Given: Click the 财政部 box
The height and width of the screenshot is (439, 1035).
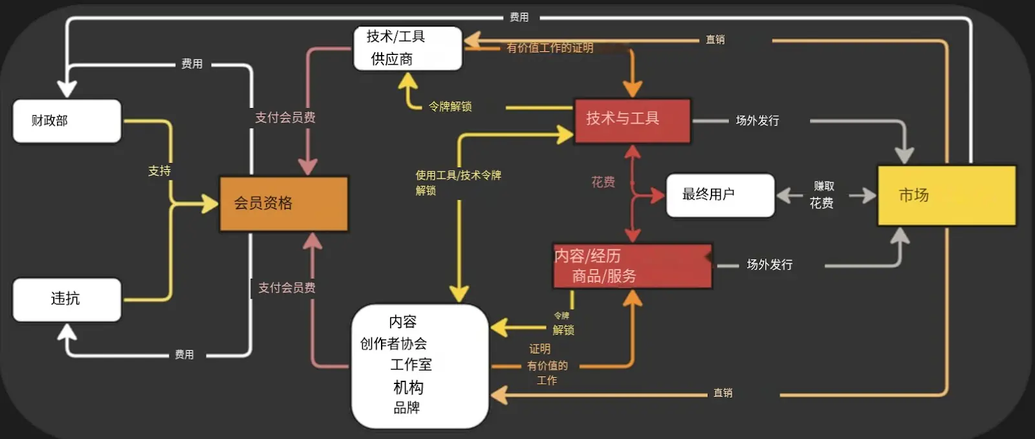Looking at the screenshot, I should click(67, 121).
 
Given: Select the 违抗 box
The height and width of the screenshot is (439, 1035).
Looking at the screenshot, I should click(67, 299).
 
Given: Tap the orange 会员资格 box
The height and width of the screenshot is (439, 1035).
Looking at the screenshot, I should click(283, 204).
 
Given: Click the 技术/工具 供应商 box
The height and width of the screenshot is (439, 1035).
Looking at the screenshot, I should click(408, 48).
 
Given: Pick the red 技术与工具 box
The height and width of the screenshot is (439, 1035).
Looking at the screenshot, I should click(632, 121).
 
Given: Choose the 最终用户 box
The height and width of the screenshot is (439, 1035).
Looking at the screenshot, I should click(720, 195).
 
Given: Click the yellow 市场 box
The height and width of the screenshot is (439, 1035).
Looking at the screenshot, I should click(946, 195).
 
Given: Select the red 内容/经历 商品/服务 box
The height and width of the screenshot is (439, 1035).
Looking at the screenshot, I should click(632, 266).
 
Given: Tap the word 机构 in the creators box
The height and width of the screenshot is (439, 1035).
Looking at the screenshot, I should click(408, 387).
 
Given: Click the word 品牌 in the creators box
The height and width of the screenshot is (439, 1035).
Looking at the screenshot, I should click(407, 408).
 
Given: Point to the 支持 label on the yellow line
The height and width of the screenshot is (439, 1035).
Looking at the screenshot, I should click(159, 171).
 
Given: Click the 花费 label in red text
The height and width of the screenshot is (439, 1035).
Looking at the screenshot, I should click(603, 182).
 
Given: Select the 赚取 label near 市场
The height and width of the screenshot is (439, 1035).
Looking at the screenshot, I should click(823, 186).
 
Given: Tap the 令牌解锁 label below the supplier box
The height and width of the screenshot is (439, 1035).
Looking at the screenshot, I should click(450, 107).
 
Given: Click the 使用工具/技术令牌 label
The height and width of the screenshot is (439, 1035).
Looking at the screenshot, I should click(458, 175).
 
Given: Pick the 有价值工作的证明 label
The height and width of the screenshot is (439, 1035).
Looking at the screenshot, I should click(550, 48).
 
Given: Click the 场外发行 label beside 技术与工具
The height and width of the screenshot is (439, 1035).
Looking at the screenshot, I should click(757, 121).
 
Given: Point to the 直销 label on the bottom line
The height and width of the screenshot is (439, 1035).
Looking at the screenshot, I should click(723, 393).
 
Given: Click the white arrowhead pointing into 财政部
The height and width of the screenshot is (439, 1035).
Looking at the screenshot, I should click(67, 89).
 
